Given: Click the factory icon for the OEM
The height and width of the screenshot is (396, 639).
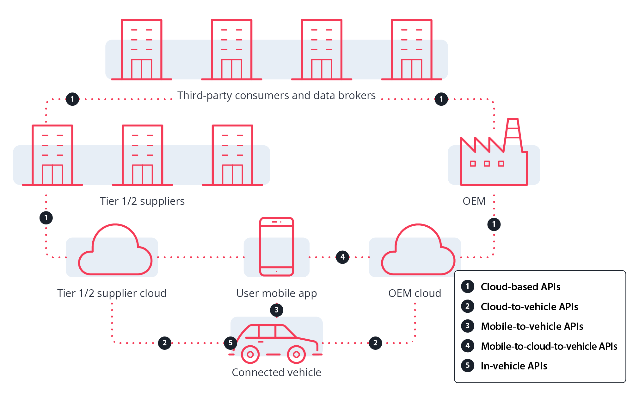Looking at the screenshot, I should (x=494, y=158).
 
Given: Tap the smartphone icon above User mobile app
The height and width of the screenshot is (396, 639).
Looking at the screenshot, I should (x=277, y=247).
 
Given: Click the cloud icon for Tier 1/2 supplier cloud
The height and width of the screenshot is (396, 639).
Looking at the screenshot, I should (x=115, y=252).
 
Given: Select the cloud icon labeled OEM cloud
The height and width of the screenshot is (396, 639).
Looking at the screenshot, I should (x=418, y=252).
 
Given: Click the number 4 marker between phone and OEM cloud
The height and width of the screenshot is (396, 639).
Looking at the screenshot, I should (x=342, y=257).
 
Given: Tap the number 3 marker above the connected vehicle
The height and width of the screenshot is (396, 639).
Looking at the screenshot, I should (x=277, y=310).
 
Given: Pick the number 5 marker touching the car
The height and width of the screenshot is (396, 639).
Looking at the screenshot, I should (x=230, y=343).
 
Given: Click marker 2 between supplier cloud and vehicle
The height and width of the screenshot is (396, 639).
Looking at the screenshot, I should (x=165, y=343).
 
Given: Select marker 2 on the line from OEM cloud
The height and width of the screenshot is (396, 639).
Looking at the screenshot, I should (x=375, y=343).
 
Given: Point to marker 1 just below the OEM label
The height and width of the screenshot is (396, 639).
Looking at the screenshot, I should (x=494, y=224).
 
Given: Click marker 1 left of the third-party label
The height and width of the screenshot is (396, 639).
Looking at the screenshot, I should (x=72, y=99).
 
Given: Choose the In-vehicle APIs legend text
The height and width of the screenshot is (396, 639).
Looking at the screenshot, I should (x=514, y=366).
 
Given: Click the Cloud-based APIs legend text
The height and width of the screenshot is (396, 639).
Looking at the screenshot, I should (x=520, y=287).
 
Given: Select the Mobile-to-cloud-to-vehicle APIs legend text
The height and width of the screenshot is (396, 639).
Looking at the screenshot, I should (x=549, y=346).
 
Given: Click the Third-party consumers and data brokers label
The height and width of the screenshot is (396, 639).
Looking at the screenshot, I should (x=276, y=95).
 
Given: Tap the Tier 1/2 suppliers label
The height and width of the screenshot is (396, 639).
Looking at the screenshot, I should (x=142, y=201).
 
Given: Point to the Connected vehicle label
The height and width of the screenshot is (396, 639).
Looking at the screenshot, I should (x=276, y=372).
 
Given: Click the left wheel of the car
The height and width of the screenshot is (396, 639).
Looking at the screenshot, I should (x=250, y=354).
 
